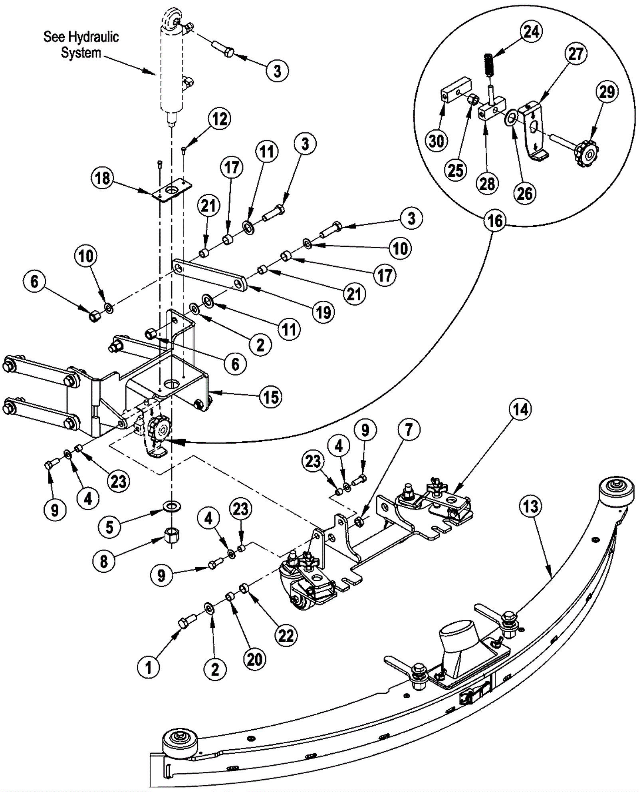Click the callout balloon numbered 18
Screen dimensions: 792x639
(102, 178)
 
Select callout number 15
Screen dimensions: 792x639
(271, 397)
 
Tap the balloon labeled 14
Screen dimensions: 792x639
(520, 410)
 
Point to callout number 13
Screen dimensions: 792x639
(531, 507)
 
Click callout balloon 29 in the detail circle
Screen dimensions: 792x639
(607, 92)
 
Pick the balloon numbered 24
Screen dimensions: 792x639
(531, 32)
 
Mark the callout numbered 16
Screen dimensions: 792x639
(495, 220)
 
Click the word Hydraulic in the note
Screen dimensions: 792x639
(93, 37)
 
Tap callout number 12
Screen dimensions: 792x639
(219, 119)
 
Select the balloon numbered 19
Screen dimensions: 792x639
(323, 312)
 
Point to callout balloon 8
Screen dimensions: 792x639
(104, 561)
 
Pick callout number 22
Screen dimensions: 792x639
(286, 635)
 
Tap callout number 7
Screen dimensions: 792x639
(408, 430)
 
